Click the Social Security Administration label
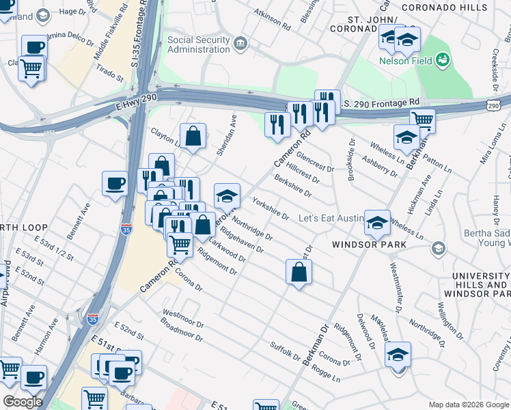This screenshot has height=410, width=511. [199, 45]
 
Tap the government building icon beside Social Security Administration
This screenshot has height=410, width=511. [240, 45]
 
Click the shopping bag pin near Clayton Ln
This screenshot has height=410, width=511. [193, 135]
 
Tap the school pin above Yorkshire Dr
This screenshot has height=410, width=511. [227, 195]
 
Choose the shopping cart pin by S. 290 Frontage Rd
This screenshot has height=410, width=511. [422, 120]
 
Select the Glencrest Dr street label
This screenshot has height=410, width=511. [314, 162]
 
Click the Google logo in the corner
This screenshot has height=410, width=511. [22, 402]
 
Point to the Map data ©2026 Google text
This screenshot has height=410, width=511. [468, 405]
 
